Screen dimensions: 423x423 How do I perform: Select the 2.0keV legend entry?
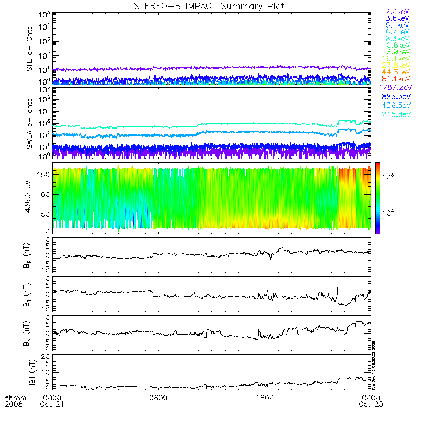[x=398, y=11]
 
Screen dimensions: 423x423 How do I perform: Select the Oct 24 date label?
[x=52, y=404]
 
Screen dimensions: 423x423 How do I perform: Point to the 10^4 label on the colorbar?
[x=389, y=213]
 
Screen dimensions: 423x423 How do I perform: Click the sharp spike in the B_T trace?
[x=337, y=287]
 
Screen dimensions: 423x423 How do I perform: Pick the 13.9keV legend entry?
[x=398, y=52]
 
